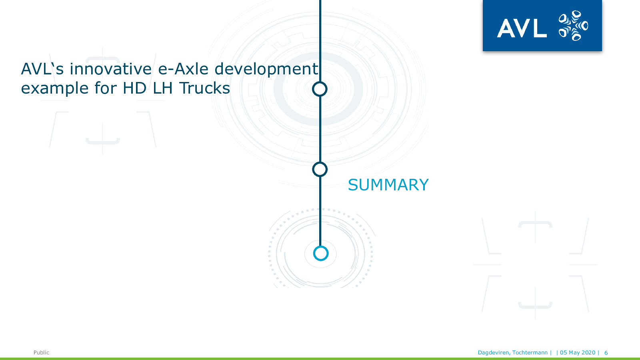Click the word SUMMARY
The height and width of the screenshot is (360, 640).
coord(388,185)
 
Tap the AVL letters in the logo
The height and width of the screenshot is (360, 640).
coord(522,28)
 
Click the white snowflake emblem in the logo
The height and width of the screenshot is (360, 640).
coord(573,26)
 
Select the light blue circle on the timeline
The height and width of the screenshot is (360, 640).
coord(320,254)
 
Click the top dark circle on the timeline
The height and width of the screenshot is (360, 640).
coord(320,89)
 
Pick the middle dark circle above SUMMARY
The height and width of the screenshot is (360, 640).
coord(320,170)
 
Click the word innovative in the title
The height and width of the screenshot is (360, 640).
coord(110,69)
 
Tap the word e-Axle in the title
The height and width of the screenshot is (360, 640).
coord(183,69)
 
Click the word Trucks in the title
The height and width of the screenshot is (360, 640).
coord(204,88)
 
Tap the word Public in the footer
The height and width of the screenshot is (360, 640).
coord(42,352)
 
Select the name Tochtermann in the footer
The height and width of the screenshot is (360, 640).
coord(530,352)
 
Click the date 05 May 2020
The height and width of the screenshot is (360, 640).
coord(578,352)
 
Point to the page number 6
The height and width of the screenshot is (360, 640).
coord(606,353)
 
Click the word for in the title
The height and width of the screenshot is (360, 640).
coord(106,88)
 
